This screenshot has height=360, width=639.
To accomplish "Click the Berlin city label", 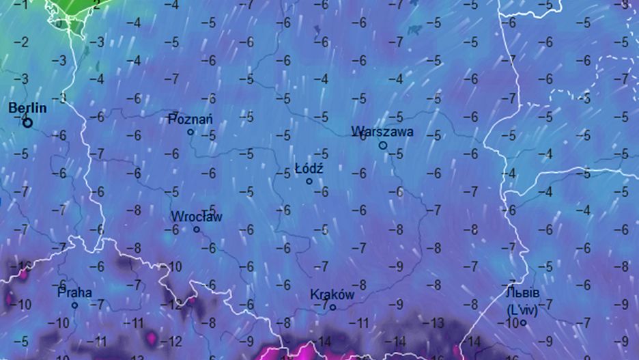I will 27,108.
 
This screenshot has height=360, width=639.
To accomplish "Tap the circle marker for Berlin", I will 28,123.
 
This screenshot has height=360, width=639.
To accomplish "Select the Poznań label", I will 190,120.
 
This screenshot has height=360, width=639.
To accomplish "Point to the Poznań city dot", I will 190,133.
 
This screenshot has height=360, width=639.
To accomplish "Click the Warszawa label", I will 382,131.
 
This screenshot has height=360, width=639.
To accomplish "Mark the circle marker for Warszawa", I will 383,146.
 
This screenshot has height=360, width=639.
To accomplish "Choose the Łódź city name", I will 309,168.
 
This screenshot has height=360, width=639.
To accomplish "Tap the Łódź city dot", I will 309,182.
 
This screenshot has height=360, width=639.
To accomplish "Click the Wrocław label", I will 197,217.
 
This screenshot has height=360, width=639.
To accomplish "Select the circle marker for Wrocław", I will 197,230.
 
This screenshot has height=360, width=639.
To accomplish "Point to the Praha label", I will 74,292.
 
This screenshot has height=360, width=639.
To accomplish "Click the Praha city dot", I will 75,305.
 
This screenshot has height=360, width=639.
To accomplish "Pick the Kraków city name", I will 332,295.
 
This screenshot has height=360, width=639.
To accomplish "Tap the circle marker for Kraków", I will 333,307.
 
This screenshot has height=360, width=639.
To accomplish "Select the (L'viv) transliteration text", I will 524,309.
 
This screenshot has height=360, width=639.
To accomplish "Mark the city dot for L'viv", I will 524,322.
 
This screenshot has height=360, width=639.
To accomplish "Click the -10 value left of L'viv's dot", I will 510,322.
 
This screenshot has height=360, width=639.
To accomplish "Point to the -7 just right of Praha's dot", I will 99,304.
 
